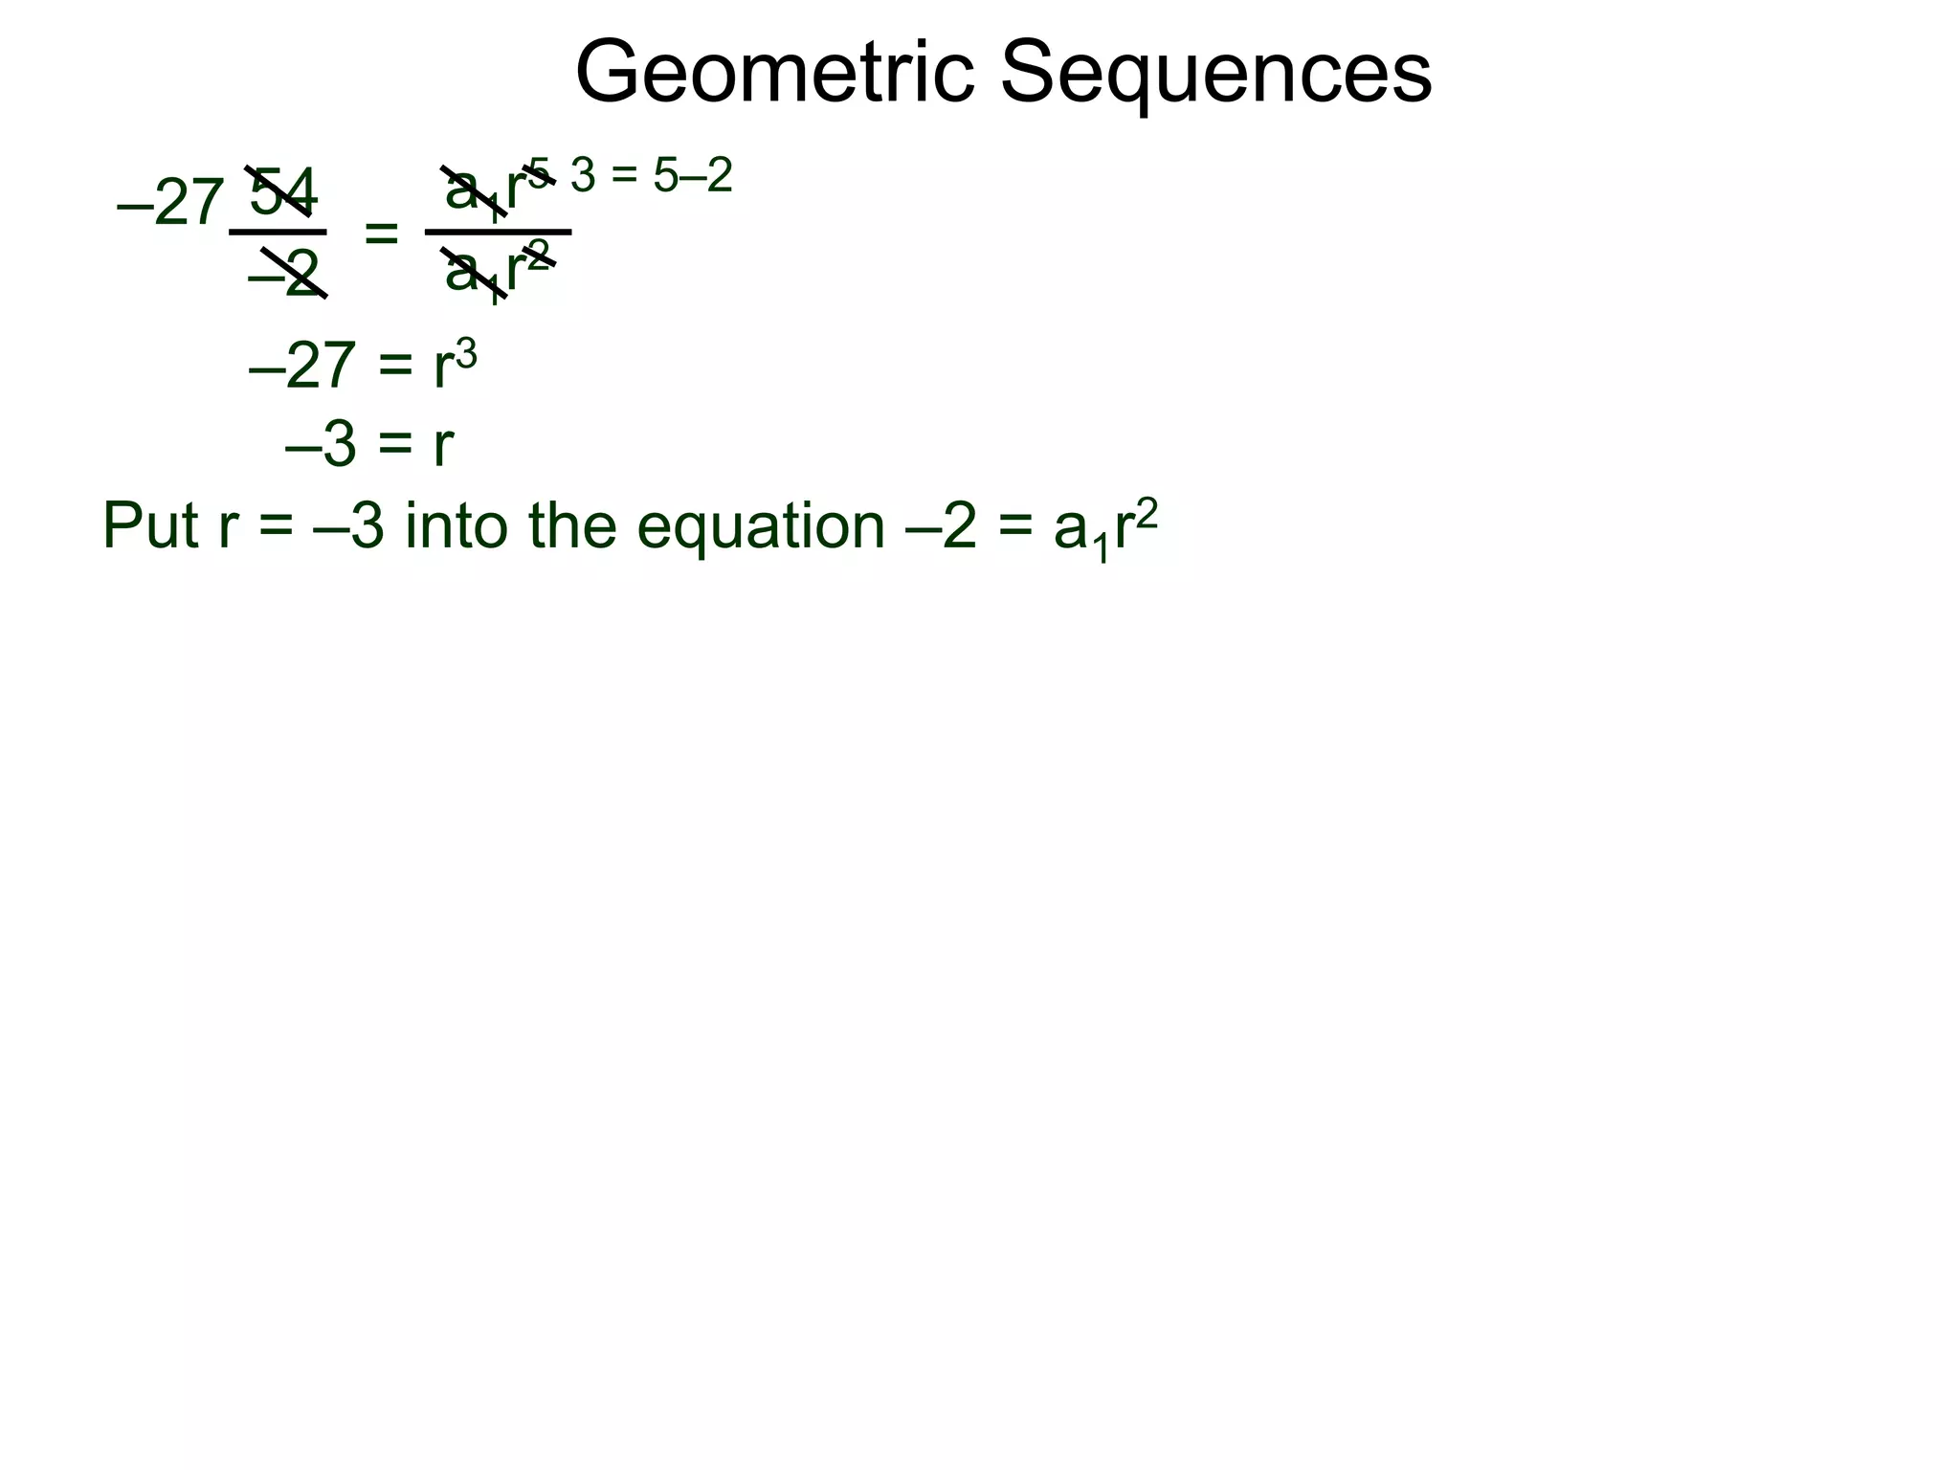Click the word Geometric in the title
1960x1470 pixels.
click(x=773, y=75)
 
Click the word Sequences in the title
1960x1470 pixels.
click(x=1215, y=75)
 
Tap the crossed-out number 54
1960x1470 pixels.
click(x=282, y=191)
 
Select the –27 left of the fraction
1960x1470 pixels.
click(x=170, y=205)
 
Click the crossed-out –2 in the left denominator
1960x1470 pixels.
click(x=284, y=274)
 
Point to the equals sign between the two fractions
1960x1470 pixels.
click(x=381, y=233)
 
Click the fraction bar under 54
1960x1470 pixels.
click(x=278, y=232)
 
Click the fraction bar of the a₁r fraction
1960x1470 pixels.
click(x=498, y=232)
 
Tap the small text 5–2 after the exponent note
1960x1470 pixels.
click(x=693, y=176)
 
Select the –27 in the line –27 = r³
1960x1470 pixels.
click(x=302, y=366)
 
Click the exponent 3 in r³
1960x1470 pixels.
click(x=466, y=353)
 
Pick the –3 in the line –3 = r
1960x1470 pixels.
click(x=321, y=446)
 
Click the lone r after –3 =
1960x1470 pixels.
click(x=442, y=446)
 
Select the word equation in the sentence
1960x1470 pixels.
click(x=761, y=527)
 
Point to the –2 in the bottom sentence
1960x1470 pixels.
click(x=942, y=527)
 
